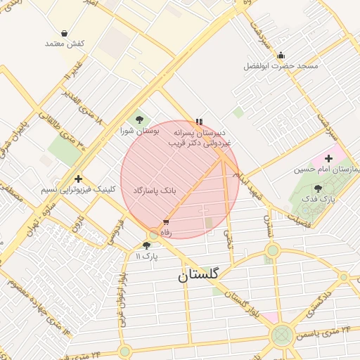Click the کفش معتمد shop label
click(x=65, y=44)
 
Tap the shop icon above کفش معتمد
click(x=65, y=33)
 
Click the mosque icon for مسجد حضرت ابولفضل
click(x=281, y=55)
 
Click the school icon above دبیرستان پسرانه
click(x=200, y=121)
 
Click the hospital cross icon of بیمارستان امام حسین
click(x=328, y=158)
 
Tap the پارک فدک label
click(x=319, y=199)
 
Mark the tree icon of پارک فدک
click(x=318, y=188)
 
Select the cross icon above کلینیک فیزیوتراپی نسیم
click(x=77, y=179)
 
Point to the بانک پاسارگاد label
click(x=169, y=191)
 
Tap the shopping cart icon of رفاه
click(x=166, y=221)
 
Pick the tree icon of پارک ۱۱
click(x=146, y=245)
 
